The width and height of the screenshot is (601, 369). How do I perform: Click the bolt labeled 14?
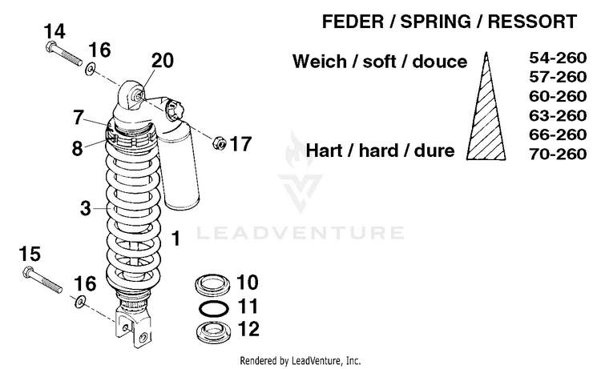(63, 56)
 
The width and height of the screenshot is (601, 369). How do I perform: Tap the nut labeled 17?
(216, 144)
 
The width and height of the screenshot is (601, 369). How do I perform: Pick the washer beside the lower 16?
(81, 303)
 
